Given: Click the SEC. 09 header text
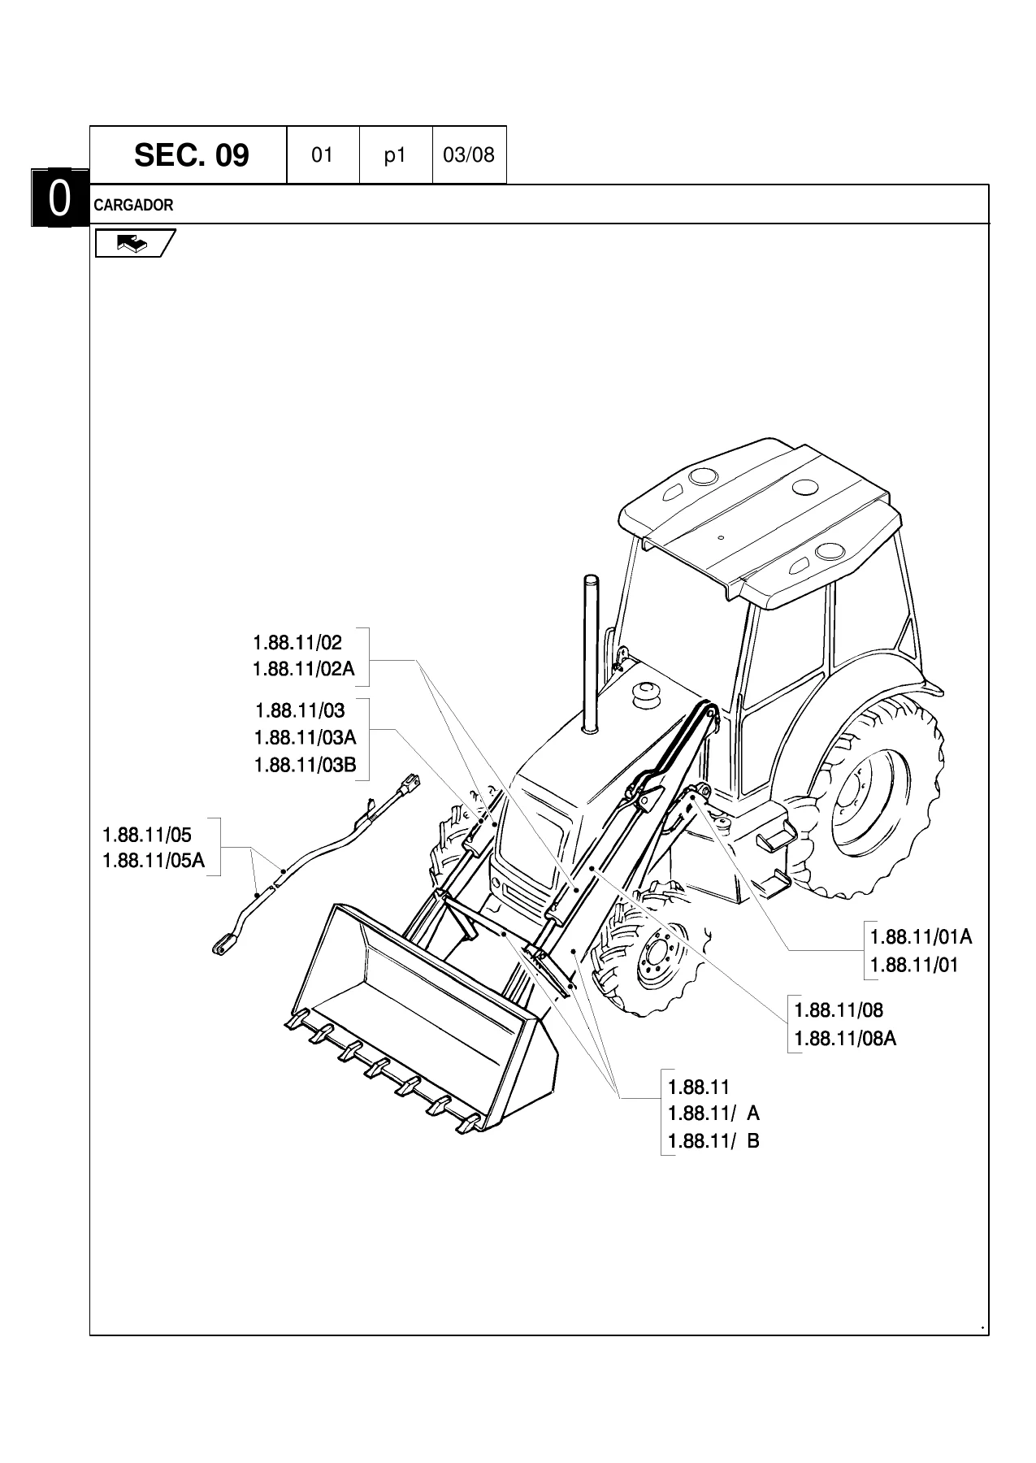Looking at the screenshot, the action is [x=191, y=154].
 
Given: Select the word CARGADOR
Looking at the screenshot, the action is [x=133, y=205].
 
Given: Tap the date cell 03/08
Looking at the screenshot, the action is [x=469, y=154].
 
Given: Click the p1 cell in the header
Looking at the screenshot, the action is [x=395, y=155].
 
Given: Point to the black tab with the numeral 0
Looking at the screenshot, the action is [x=60, y=198].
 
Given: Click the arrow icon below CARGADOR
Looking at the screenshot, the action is [x=134, y=243].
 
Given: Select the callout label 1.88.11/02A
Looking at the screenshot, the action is [x=304, y=670].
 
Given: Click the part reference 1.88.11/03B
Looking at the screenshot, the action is [x=306, y=766].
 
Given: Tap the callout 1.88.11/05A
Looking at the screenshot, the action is [x=154, y=861].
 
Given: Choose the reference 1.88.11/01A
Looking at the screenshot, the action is [x=921, y=937].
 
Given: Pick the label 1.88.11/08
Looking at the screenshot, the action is [x=839, y=1010].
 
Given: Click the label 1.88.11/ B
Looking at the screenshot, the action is [x=713, y=1141].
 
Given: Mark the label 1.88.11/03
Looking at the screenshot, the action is [x=300, y=711].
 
